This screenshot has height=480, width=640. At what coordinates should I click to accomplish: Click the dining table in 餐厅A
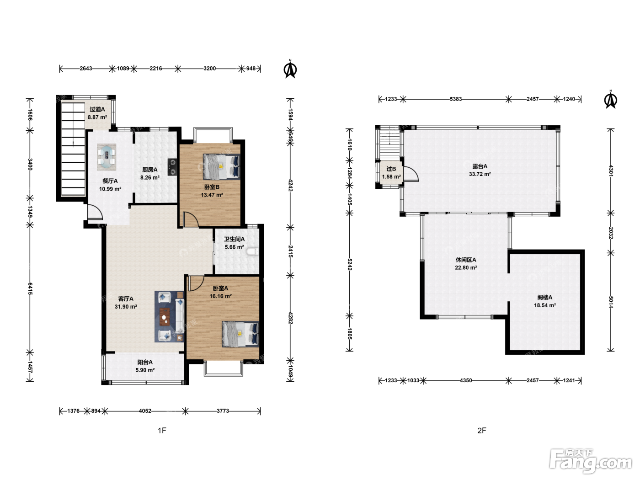[107, 157]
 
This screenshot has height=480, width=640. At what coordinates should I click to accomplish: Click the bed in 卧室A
[240, 334]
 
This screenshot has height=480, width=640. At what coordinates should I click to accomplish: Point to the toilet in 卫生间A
[253, 251]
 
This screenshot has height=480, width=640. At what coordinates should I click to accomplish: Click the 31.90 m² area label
[126, 307]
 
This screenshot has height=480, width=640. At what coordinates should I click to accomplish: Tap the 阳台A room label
[145, 362]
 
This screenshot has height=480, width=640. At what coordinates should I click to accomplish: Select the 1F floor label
[162, 431]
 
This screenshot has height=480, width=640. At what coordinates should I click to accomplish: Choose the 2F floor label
[482, 431]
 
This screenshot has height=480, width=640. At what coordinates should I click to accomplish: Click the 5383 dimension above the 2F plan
[456, 99]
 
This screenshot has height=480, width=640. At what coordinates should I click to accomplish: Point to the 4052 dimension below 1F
[145, 411]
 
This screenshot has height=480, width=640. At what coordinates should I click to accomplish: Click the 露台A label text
[480, 166]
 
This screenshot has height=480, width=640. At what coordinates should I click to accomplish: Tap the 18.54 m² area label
[545, 305]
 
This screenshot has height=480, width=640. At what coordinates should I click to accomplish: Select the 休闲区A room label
[466, 260]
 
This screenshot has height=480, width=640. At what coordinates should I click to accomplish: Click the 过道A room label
[97, 109]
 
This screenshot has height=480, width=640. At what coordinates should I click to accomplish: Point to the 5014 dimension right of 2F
[611, 302]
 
